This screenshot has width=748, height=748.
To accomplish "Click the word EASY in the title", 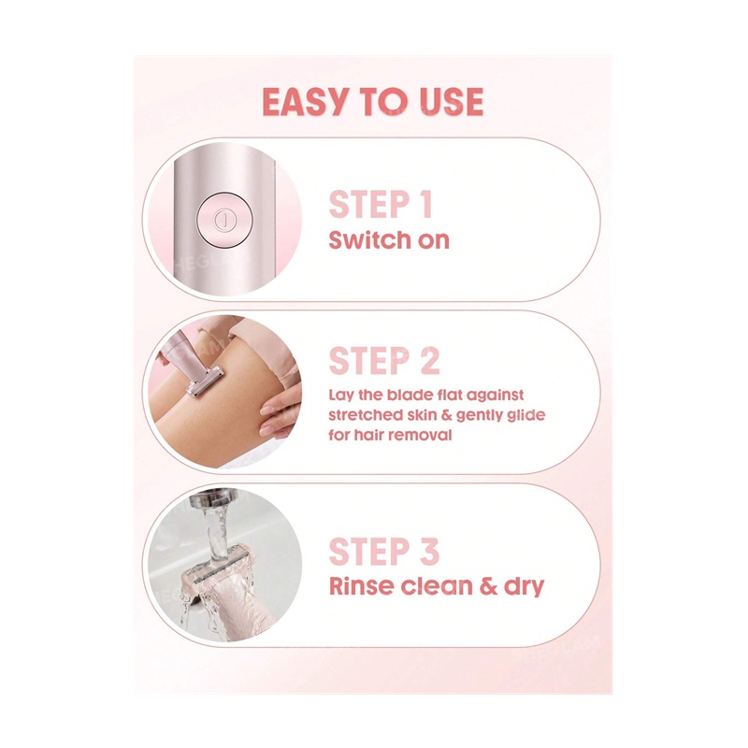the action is click(x=305, y=102).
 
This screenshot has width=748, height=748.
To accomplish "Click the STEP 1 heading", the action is click(x=381, y=204).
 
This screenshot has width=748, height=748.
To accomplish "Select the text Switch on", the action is click(x=389, y=240).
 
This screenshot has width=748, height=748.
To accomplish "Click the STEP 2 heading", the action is click(x=384, y=361).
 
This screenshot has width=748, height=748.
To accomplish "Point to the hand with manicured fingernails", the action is click(x=280, y=411).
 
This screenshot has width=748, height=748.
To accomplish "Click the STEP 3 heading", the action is click(x=384, y=552).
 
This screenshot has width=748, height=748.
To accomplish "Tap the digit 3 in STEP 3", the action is click(x=429, y=552).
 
